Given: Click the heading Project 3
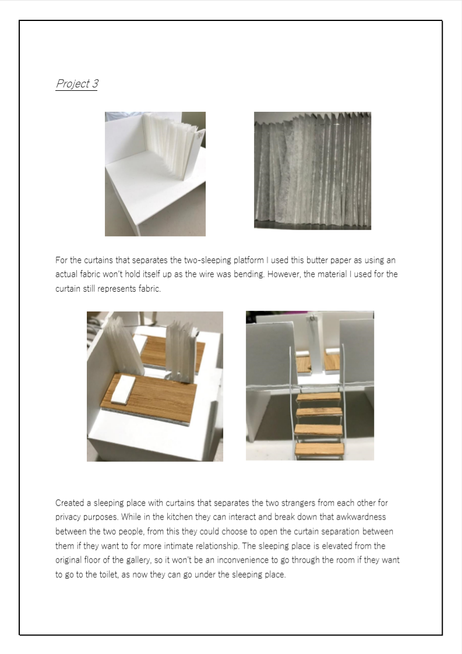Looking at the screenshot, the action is [x=77, y=83].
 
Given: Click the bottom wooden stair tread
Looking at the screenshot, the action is [x=320, y=449].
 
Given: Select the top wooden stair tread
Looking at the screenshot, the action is [x=319, y=396].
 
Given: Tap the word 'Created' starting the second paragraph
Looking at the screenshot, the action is [x=70, y=503].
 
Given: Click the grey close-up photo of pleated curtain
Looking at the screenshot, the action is [x=313, y=171].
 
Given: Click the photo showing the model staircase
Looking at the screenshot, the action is [x=310, y=386].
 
